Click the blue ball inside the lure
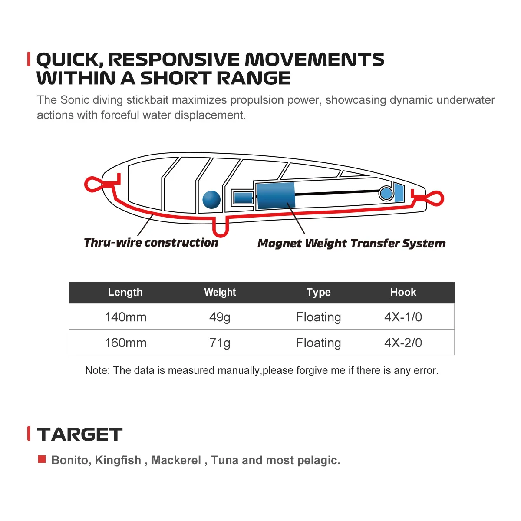pyautogui.click(x=211, y=200)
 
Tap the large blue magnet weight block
pyautogui.click(x=276, y=196)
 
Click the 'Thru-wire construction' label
pyautogui.click(x=151, y=243)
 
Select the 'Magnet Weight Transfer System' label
pyautogui.click(x=352, y=243)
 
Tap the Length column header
pyautogui.click(x=125, y=292)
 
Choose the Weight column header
pyautogui.click(x=220, y=292)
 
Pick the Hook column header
pyautogui.click(x=403, y=292)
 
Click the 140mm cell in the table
pyautogui.click(x=125, y=317)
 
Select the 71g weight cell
pyautogui.click(x=220, y=343)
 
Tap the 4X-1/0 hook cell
pyautogui.click(x=403, y=317)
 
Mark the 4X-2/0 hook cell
pyautogui.click(x=403, y=343)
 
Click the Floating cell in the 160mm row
pyautogui.click(x=319, y=343)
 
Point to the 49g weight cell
pyautogui.click(x=220, y=317)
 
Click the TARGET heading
pyautogui.click(x=79, y=435)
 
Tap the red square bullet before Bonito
pyautogui.click(x=42, y=459)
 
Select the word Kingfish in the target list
pyautogui.click(x=118, y=460)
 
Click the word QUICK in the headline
pyautogui.click(x=69, y=59)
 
